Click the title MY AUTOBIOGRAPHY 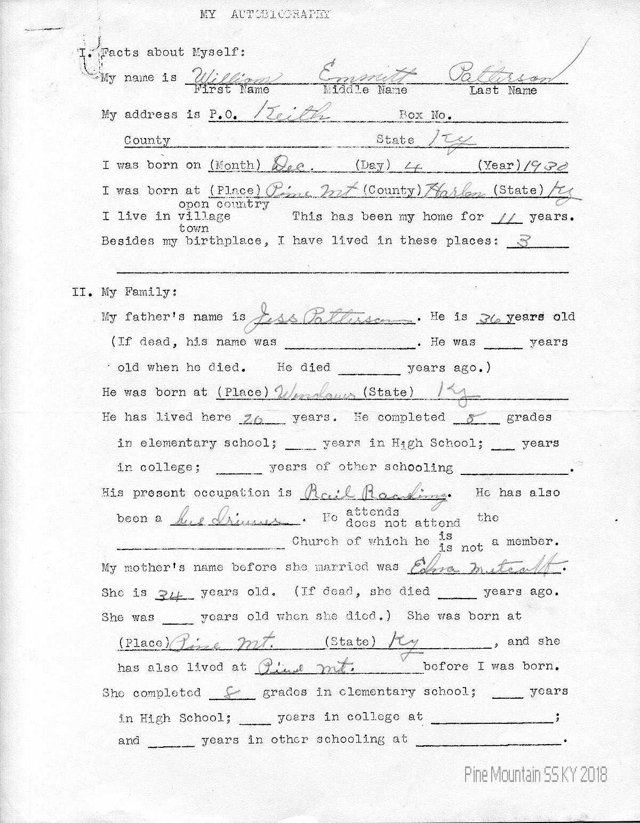265,14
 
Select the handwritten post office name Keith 292,112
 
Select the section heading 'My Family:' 138,292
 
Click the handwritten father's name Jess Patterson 331,317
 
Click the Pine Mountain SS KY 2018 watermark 535,774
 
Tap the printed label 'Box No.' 425,115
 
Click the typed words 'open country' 224,204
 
